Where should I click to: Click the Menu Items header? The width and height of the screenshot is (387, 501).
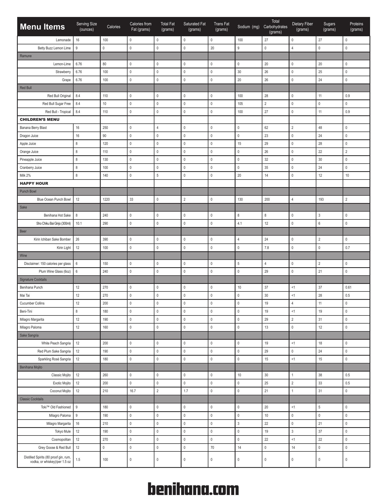(x=42, y=27)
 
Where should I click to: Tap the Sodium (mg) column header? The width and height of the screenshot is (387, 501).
(x=248, y=27)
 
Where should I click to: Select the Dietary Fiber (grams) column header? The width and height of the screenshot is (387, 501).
(x=302, y=27)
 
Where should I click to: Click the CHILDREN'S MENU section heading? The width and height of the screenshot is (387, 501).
(x=40, y=120)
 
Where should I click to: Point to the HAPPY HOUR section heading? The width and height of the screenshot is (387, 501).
(x=34, y=183)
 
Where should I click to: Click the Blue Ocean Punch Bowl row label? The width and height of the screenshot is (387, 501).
(x=54, y=199)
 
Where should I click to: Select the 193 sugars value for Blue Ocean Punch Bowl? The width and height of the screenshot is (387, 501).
(x=321, y=199)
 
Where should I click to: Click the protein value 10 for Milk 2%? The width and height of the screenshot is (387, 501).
(x=347, y=175)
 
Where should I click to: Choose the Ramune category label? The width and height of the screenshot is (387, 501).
(x=26, y=56)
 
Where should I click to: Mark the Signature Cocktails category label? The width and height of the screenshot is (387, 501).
(x=33, y=279)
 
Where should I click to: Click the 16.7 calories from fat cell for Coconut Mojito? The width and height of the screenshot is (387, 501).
(x=133, y=391)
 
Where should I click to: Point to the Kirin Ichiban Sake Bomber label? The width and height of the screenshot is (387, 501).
(x=52, y=239)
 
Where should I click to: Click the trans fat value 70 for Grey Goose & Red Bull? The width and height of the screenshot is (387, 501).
(x=212, y=448)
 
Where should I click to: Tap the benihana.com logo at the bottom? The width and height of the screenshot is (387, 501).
(x=193, y=489)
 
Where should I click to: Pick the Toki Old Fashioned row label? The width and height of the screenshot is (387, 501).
(x=56, y=407)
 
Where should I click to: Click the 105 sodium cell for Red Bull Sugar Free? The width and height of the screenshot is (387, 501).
(x=240, y=104)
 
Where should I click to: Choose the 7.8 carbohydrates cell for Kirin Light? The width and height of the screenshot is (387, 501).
(x=267, y=248)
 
